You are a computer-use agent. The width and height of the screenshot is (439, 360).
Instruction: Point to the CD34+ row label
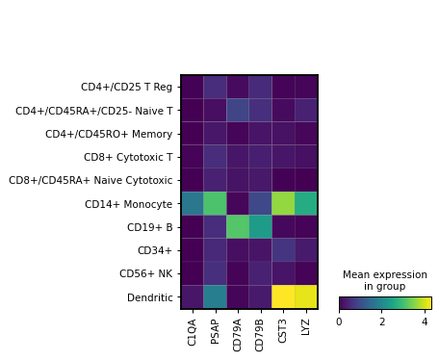[156, 250]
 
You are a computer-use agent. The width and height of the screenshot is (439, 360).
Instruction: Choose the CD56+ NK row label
[145, 273]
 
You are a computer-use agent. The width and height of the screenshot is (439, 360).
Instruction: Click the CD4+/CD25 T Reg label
[127, 87]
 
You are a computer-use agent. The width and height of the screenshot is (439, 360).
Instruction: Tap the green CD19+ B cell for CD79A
[238, 226]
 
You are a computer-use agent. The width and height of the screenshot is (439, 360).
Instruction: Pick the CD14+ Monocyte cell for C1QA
[193, 203]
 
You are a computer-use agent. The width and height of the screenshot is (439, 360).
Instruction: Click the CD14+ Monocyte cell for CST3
[284, 203]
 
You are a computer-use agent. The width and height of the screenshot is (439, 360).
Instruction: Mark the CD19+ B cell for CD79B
[261, 226]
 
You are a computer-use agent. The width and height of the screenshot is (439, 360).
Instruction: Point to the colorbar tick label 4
[424, 321]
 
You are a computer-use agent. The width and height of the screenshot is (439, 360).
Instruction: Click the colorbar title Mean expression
[385, 274]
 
